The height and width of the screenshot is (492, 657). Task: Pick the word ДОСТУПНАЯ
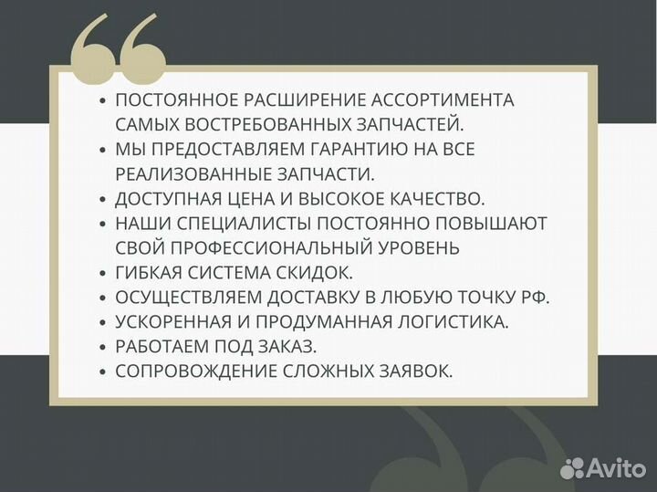(x=165, y=198)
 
